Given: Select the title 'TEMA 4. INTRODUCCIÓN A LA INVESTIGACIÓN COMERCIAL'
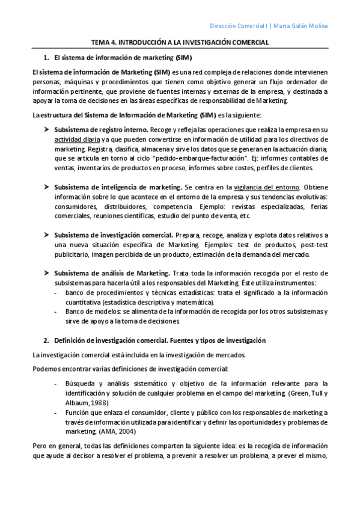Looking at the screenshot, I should (180, 43).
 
